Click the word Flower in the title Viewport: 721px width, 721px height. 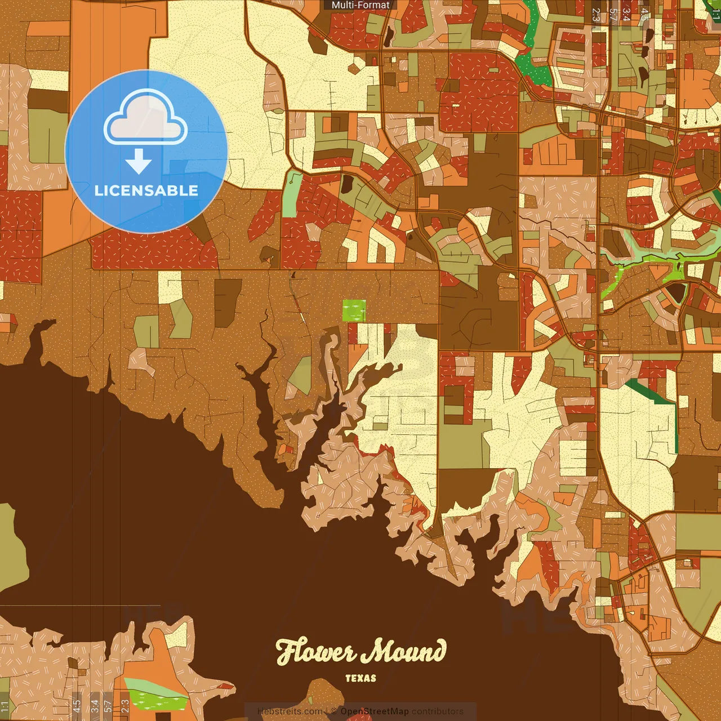click(x=315, y=652)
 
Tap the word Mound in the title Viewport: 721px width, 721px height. click(x=403, y=652)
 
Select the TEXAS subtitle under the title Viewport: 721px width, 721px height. click(x=360, y=678)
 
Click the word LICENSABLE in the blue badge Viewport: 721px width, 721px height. click(x=146, y=190)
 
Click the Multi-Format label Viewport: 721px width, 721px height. click(x=360, y=5)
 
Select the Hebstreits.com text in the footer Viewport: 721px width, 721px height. click(x=290, y=711)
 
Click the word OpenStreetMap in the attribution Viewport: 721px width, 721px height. click(x=375, y=711)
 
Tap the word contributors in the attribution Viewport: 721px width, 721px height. click(x=438, y=711)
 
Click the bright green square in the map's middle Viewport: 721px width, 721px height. click(x=354, y=310)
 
